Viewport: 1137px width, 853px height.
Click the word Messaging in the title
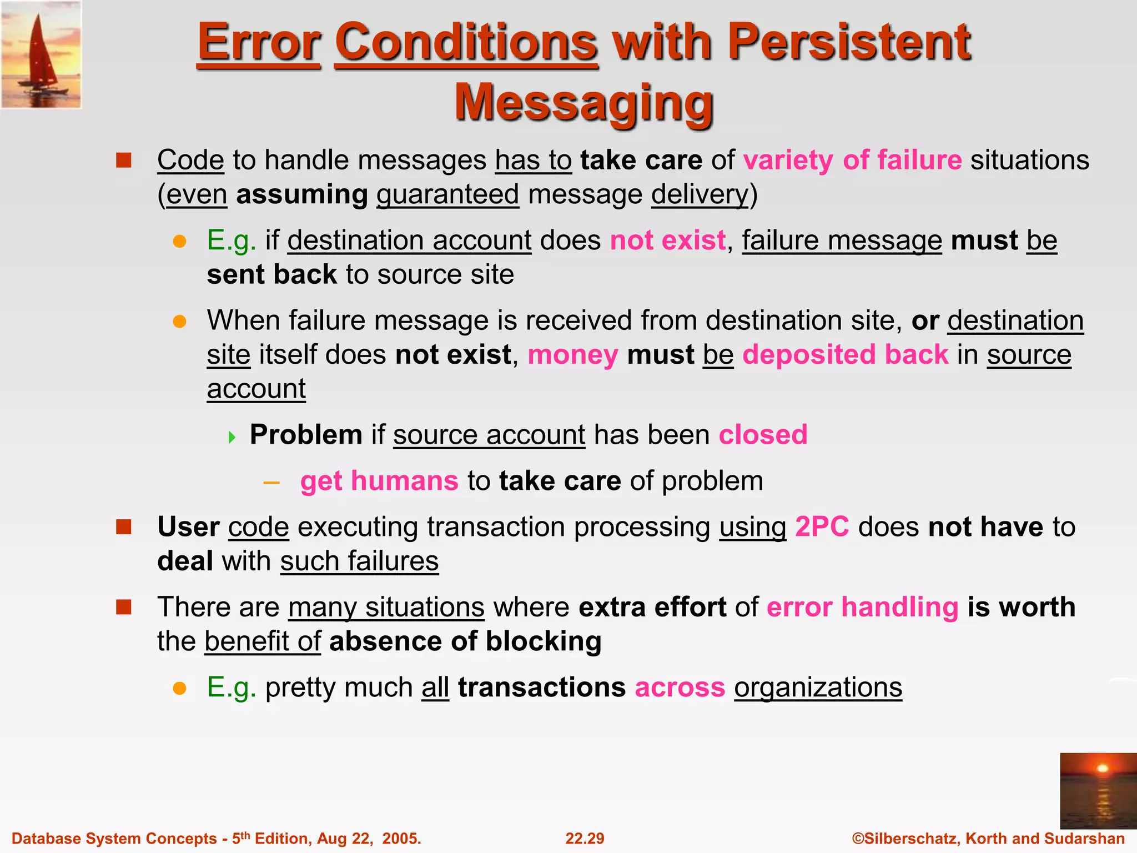[584, 103]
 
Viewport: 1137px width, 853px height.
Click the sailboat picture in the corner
[41, 54]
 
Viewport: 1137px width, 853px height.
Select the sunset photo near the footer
[1098, 791]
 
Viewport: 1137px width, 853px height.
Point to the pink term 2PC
[822, 526]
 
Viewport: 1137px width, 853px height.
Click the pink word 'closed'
[763, 434]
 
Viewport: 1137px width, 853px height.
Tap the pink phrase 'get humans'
[379, 481]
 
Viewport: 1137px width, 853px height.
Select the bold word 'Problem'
[306, 434]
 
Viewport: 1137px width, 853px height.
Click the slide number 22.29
[585, 838]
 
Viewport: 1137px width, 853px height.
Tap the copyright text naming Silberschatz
[988, 838]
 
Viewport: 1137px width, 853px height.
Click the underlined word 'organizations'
[818, 688]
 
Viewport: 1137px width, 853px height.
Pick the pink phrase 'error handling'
[862, 607]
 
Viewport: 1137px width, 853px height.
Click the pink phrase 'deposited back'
[846, 354]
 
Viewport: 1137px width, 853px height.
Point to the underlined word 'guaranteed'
[447, 194]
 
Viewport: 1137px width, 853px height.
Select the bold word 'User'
[188, 526]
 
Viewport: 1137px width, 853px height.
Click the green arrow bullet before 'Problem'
[232, 437]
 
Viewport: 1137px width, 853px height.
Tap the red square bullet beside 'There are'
[123, 607]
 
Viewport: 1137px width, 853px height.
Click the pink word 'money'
[572, 354]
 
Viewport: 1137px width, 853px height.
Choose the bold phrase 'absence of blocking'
[465, 641]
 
